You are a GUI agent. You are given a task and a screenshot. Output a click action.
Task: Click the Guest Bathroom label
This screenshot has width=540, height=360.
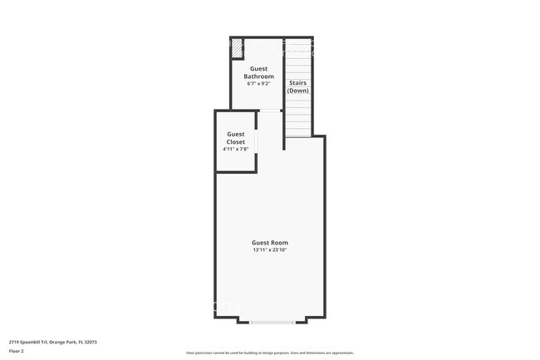coord(258,73)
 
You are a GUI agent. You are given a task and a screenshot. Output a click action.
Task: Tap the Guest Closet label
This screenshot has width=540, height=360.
coord(236,138)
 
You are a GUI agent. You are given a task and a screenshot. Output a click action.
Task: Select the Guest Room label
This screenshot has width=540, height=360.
coord(269,243)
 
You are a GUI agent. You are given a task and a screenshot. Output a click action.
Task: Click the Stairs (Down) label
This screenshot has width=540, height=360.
coord(298,86)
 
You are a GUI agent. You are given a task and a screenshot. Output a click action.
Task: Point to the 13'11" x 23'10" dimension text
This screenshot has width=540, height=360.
coord(269,250)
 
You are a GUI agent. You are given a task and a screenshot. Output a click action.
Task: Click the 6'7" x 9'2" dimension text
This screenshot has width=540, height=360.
coord(258,83)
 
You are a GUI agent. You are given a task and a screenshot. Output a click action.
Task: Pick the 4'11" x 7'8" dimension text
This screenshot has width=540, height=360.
coord(236,149)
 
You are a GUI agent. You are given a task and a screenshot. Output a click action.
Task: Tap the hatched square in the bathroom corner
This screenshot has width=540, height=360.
coord(237,47)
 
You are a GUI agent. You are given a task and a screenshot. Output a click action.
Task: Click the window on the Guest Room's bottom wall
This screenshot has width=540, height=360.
coord(271,321)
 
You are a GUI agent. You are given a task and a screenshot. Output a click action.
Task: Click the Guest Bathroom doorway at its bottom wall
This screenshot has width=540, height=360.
coord(270,110)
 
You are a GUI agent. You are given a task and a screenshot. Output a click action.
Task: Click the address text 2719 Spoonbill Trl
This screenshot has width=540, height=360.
coord(29,341)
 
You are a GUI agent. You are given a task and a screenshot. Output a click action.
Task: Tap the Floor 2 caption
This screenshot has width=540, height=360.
coord(16,351)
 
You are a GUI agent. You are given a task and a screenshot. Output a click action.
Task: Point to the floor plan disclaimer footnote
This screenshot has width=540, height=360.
coord(269,353)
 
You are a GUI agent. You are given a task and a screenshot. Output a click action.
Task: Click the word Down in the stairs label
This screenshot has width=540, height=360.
coord(298,91)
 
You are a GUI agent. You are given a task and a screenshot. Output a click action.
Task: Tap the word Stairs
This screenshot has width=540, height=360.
coord(297,83)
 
